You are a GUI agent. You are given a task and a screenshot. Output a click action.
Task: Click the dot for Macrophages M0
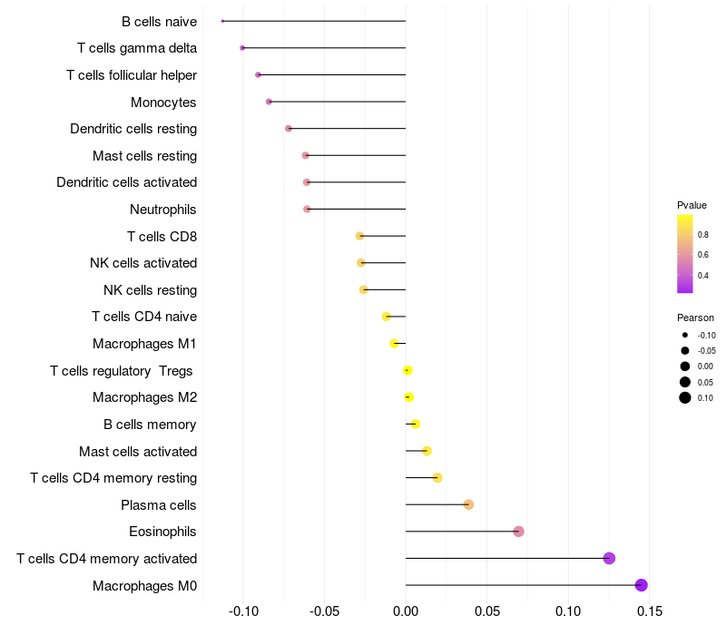pyautogui.click(x=642, y=585)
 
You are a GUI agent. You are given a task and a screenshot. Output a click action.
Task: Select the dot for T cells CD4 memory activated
pyautogui.click(x=609, y=558)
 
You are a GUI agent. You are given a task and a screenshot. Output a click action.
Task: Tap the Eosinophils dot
pyautogui.click(x=518, y=532)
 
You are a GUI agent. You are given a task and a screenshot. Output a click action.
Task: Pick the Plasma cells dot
pyautogui.click(x=468, y=504)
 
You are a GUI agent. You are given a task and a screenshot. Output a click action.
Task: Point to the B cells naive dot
pyautogui.click(x=222, y=21)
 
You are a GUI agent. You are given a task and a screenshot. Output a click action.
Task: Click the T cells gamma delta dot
pyautogui.click(x=242, y=48)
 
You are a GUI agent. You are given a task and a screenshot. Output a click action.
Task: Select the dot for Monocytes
pyautogui.click(x=269, y=102)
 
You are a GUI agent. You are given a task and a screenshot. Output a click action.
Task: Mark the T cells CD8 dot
pyautogui.click(x=360, y=236)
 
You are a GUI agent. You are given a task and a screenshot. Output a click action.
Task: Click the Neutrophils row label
pyautogui.click(x=163, y=210)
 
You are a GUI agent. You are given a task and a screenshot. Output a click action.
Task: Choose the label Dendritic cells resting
pyautogui.click(x=133, y=129)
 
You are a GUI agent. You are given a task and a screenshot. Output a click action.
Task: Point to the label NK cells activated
pyautogui.click(x=143, y=263)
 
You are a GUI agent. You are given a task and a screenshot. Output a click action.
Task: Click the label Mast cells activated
pyautogui.click(x=138, y=451)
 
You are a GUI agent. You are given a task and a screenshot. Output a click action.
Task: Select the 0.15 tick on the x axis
pyautogui.click(x=650, y=611)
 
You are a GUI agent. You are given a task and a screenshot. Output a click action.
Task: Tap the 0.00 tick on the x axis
pyautogui.click(x=406, y=611)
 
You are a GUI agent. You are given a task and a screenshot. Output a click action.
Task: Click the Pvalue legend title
pyautogui.click(x=692, y=205)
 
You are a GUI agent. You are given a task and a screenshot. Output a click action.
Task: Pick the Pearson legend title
pyautogui.click(x=695, y=318)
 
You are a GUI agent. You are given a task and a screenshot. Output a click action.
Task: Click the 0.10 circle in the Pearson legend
pyautogui.click(x=684, y=397)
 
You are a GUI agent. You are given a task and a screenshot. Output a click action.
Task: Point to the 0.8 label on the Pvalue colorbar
pyautogui.click(x=702, y=234)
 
